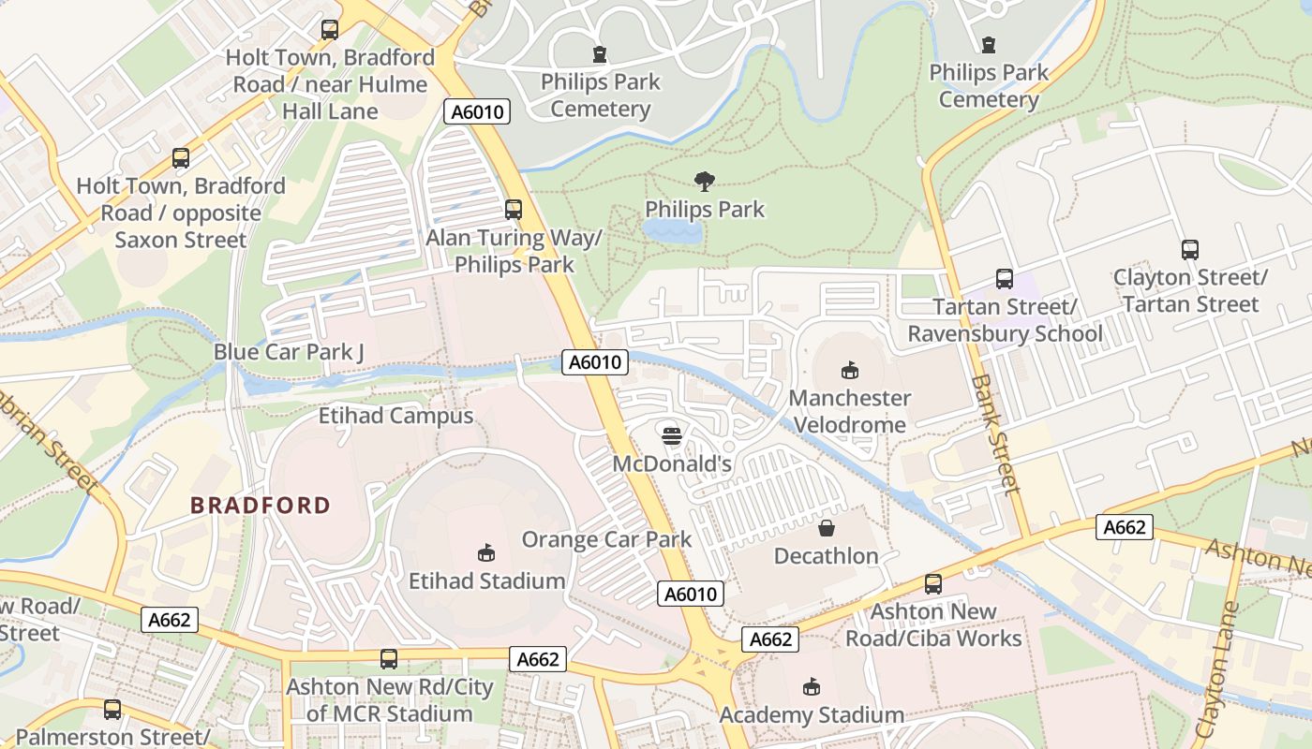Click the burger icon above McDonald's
(672, 434)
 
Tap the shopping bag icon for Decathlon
(827, 528)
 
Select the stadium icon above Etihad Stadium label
(486, 553)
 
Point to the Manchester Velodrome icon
(850, 370)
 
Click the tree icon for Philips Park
(705, 181)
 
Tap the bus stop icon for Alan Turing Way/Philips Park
(514, 209)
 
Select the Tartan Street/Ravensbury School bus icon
(1005, 279)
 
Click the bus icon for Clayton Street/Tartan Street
(1190, 250)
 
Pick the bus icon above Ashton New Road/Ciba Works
(933, 584)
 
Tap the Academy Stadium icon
(812, 688)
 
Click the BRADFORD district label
(261, 506)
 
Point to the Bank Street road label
(995, 434)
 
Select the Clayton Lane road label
(1217, 670)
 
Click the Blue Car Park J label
(289, 352)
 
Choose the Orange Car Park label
(606, 539)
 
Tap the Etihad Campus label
(396, 416)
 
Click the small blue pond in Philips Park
(673, 231)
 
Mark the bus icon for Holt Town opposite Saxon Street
(181, 158)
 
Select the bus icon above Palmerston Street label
(112, 710)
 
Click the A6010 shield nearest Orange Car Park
(692, 594)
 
